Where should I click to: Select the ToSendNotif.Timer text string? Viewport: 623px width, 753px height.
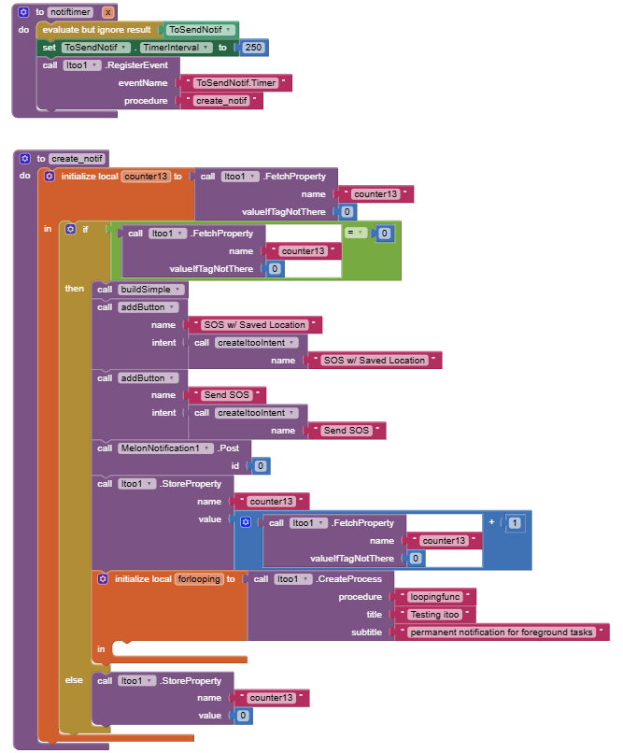pyautogui.click(x=241, y=83)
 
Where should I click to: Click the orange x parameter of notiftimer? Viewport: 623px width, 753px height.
pyautogui.click(x=107, y=12)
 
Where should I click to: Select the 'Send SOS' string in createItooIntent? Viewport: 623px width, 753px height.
pyautogui.click(x=347, y=431)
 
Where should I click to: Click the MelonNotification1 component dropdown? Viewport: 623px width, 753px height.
pyautogui.click(x=160, y=448)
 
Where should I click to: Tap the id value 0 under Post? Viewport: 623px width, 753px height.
pyautogui.click(x=261, y=465)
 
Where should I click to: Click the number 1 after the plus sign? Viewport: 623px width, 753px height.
pyautogui.click(x=515, y=522)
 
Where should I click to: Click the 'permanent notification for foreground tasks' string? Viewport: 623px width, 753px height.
pyautogui.click(x=502, y=632)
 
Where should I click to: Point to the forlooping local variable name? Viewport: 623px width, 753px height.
pyautogui.click(x=198, y=579)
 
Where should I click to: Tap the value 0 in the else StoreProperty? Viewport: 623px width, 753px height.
pyautogui.click(x=242, y=716)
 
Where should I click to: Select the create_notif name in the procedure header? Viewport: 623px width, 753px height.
pyautogui.click(x=78, y=159)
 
